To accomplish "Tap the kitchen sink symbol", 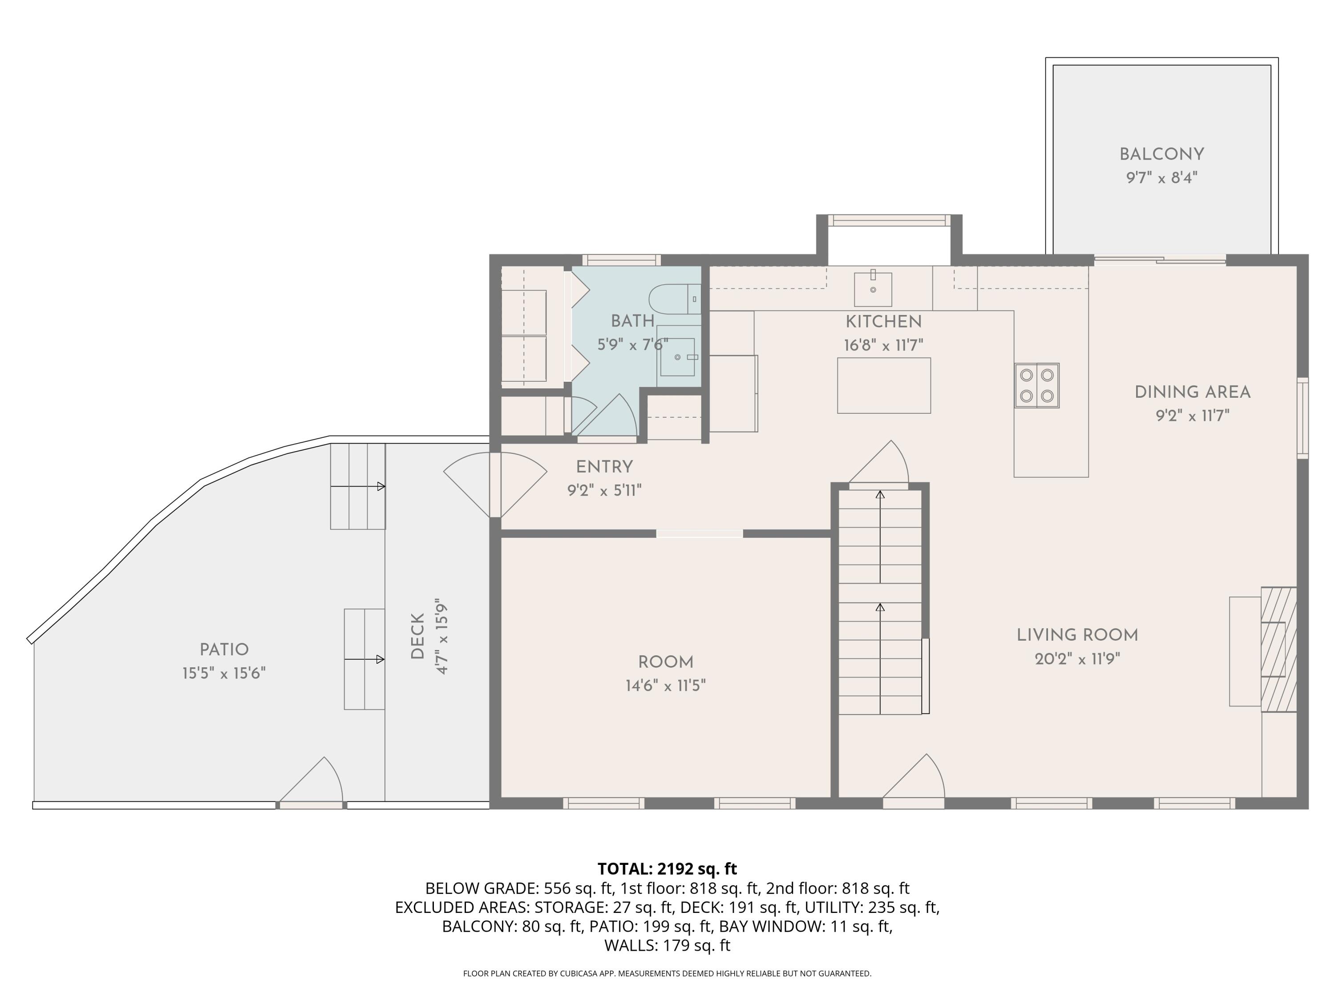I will click(873, 289).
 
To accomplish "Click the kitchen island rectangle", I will click(884, 386).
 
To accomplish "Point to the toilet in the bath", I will click(674, 299).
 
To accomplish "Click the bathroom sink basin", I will click(677, 357).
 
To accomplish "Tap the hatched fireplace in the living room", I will click(1278, 649).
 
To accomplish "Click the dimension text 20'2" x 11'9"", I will click(1077, 659).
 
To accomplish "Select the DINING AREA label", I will click(1192, 392).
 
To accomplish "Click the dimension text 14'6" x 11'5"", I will click(665, 686).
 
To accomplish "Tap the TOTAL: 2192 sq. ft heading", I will click(667, 869).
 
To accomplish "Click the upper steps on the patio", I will click(357, 486).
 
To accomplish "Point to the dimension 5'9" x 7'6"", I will click(632, 344).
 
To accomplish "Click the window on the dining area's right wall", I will click(1303, 418).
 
